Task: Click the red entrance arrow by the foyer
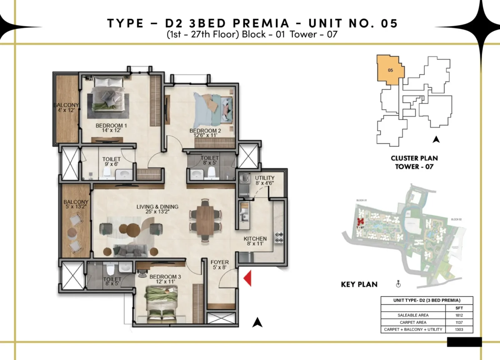[x=248, y=278]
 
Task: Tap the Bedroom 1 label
[x=111, y=126]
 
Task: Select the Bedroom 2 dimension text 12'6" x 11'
[x=205, y=135]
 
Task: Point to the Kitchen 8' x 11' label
[x=255, y=242]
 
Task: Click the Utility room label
[x=265, y=178]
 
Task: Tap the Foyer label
[x=219, y=262]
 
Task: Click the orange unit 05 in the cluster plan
[x=390, y=70]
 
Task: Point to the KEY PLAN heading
[x=359, y=285]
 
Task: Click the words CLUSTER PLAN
[x=414, y=158]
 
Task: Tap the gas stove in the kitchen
[x=279, y=237]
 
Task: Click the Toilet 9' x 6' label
[x=111, y=162]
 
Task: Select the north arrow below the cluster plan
[x=436, y=140]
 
